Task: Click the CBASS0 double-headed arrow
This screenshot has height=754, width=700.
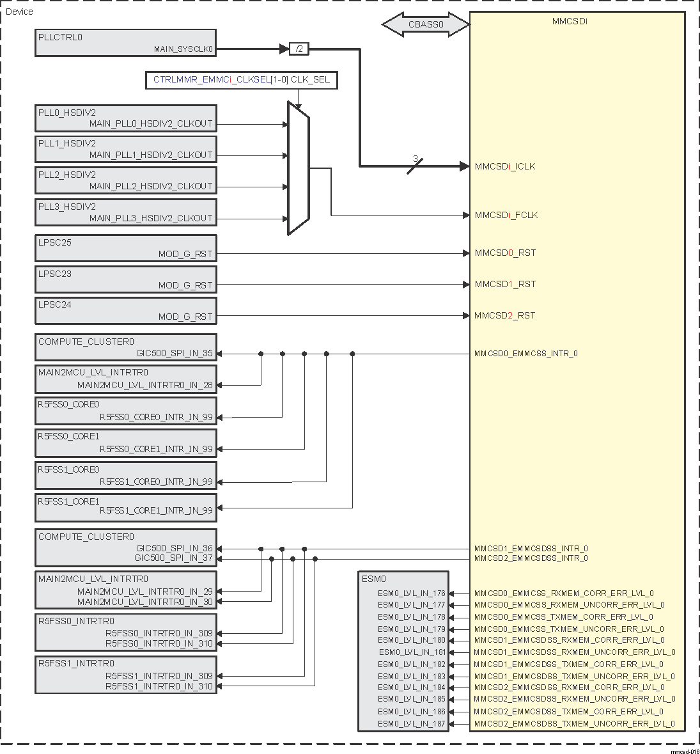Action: point(426,26)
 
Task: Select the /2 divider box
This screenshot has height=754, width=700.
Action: point(299,49)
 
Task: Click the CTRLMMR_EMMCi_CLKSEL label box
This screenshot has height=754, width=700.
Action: point(241,81)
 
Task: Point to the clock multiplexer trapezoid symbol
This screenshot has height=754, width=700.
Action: point(299,169)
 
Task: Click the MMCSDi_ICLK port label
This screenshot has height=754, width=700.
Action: point(505,166)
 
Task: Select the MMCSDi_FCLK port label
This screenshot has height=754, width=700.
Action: point(506,215)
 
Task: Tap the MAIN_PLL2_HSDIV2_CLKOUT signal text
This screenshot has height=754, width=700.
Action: point(151,186)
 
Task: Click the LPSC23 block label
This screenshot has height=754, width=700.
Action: point(55,274)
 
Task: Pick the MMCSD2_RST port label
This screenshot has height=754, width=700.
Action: point(505,315)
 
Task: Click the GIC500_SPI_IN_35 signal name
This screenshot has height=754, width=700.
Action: point(175,353)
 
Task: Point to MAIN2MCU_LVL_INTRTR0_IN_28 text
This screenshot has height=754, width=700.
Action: point(145,385)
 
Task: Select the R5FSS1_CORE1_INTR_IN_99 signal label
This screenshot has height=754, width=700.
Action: point(156,510)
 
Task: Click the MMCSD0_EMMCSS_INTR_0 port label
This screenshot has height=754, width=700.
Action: point(525,353)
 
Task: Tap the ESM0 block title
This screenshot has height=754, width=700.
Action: point(374,579)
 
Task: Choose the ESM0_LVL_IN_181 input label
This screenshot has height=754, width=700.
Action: point(412,652)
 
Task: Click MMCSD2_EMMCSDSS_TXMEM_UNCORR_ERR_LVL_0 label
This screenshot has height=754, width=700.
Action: point(574,724)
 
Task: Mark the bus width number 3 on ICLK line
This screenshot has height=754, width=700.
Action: point(415,159)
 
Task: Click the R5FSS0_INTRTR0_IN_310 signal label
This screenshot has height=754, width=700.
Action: point(159,643)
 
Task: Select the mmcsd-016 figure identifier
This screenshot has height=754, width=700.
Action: point(685,751)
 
